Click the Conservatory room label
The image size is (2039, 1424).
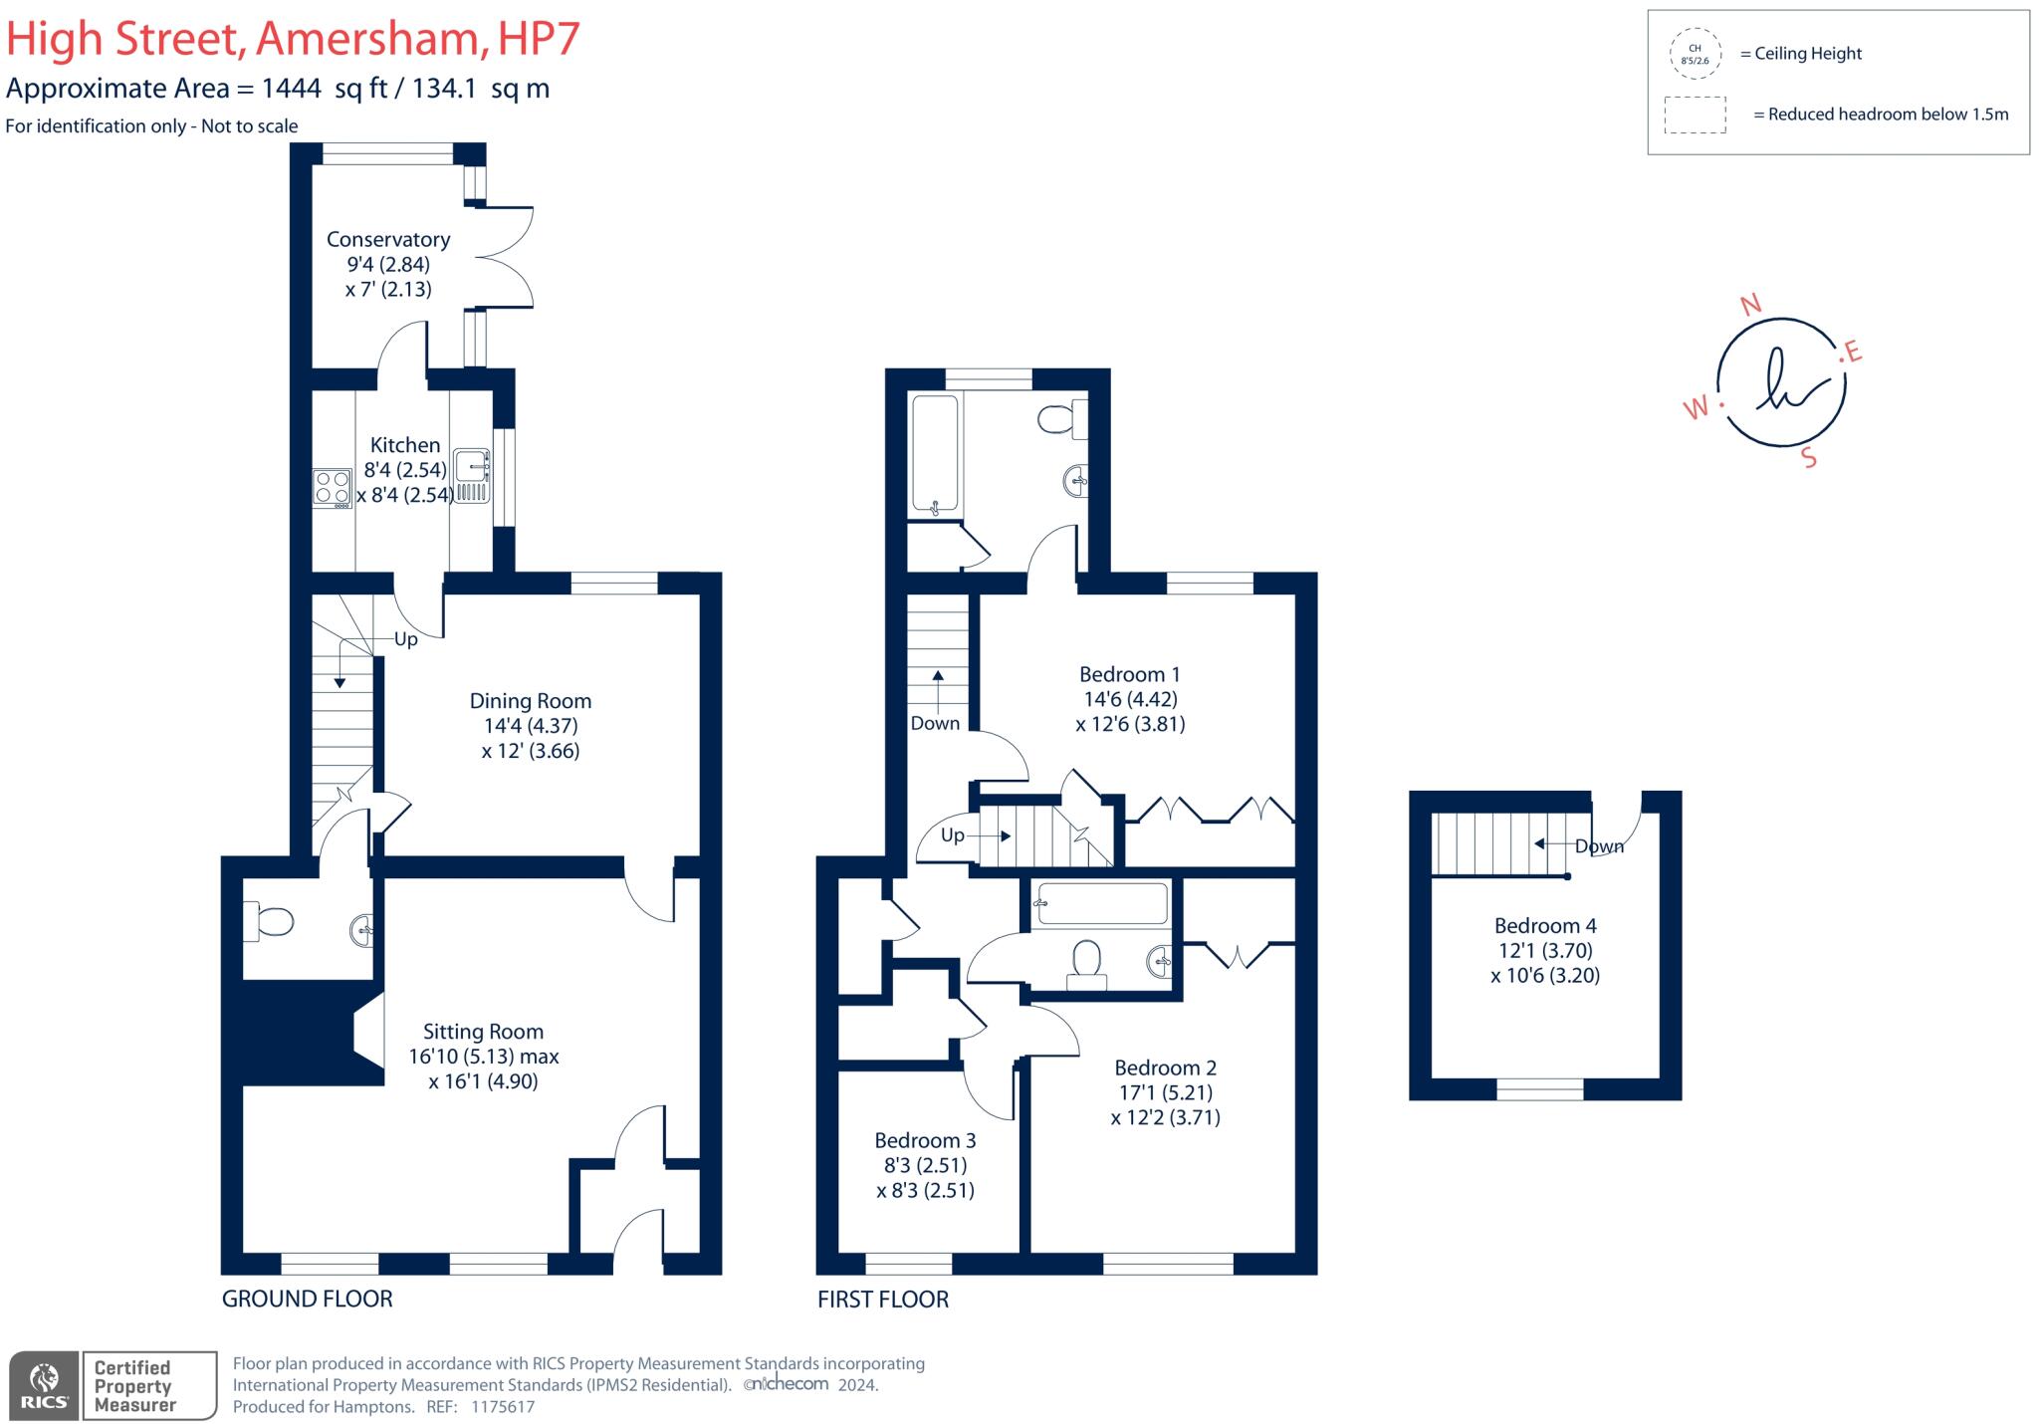(388, 239)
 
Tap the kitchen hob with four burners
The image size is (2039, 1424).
(332, 488)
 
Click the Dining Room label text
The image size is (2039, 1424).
(530, 701)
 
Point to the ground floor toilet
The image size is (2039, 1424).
(271, 921)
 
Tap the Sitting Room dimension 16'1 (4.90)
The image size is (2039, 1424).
(483, 1081)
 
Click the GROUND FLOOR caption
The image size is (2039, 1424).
(307, 1299)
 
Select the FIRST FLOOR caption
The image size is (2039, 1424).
(882, 1300)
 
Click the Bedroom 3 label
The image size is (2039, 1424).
(925, 1140)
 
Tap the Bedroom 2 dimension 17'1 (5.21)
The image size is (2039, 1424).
(1165, 1092)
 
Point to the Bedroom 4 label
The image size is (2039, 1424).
(1545, 925)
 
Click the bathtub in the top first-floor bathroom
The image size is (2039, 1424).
(935, 454)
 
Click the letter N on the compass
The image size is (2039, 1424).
(1749, 305)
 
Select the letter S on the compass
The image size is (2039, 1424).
(1809, 458)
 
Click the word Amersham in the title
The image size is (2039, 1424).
(366, 38)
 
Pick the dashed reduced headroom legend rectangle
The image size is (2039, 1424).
(1695, 115)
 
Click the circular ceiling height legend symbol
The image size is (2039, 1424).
(1695, 54)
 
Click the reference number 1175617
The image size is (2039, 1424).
(502, 1407)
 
